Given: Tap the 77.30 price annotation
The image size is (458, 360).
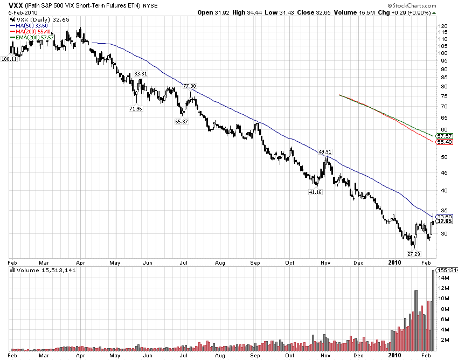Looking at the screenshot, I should click(190, 86).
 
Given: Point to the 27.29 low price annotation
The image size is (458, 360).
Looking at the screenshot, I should click(413, 253).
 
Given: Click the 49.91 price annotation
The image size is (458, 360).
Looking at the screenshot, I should click(325, 152).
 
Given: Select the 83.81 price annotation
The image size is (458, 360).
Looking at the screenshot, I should click(141, 73).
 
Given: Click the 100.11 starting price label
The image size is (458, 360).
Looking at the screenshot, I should click(10, 59).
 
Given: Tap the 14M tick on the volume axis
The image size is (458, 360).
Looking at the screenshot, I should click(443, 278).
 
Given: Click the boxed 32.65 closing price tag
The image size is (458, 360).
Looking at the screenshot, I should click(444, 221).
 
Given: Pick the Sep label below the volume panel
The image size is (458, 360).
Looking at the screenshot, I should click(255, 356).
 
